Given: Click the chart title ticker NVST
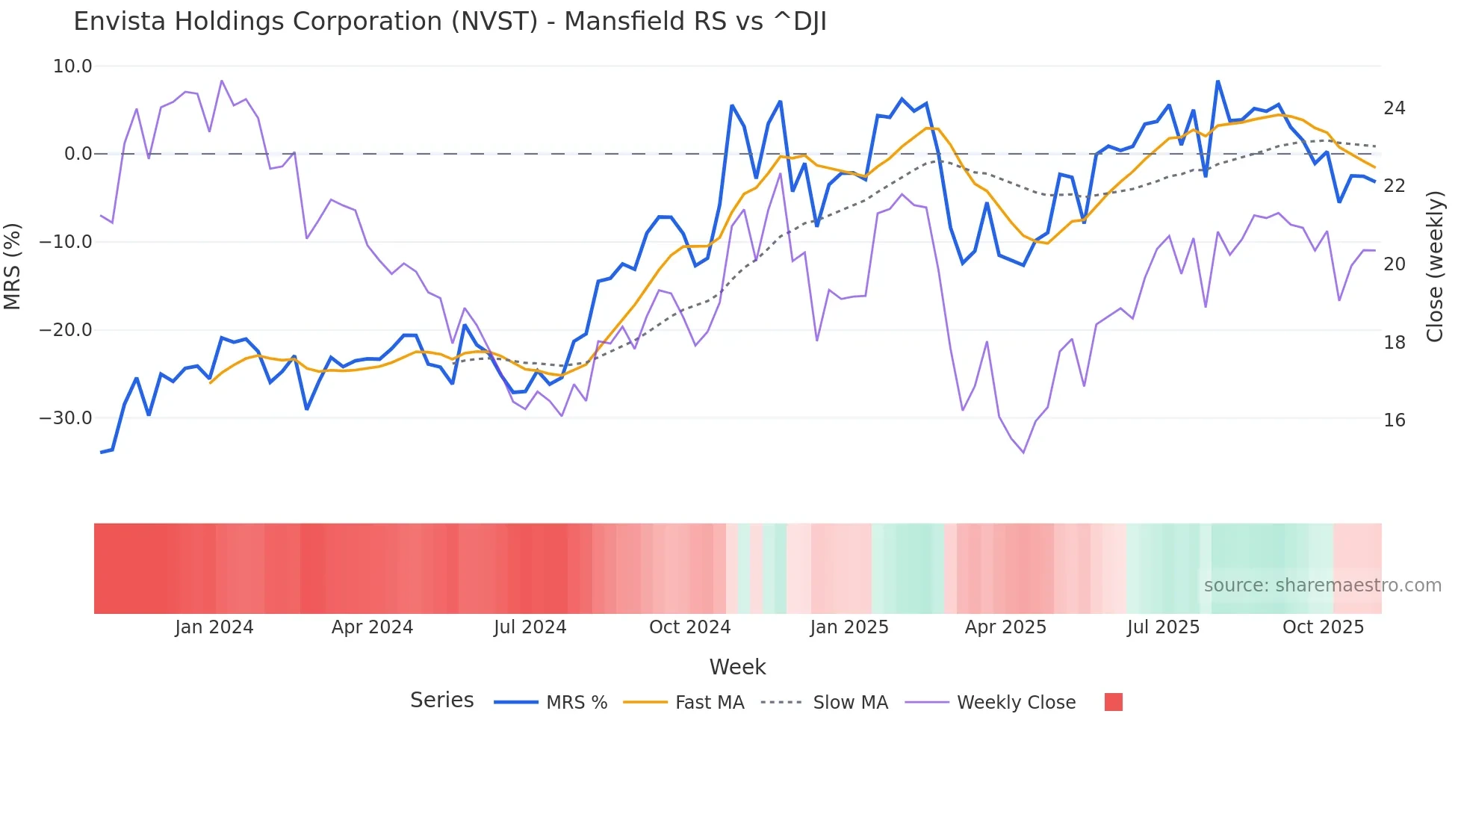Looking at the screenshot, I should (498, 22).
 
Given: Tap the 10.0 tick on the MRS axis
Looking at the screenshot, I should (72, 66).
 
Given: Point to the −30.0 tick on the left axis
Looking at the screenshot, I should (66, 418).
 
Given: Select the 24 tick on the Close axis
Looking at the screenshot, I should (1394, 109).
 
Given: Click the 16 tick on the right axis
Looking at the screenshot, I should (1394, 420).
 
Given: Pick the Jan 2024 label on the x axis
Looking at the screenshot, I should (214, 627).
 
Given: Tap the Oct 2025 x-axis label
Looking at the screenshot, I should (1323, 627).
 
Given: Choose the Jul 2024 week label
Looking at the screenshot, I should (530, 627).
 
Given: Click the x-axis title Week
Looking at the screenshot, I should (737, 667).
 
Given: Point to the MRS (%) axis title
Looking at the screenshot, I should (13, 266).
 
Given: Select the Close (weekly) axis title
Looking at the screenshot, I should (1435, 267).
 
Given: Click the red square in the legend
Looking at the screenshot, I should (1113, 702).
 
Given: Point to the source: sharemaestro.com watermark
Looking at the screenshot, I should (1322, 586).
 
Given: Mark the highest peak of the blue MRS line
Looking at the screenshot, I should (1218, 81).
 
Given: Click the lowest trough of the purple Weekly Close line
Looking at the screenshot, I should (1023, 453).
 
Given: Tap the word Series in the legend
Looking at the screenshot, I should (441, 701).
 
